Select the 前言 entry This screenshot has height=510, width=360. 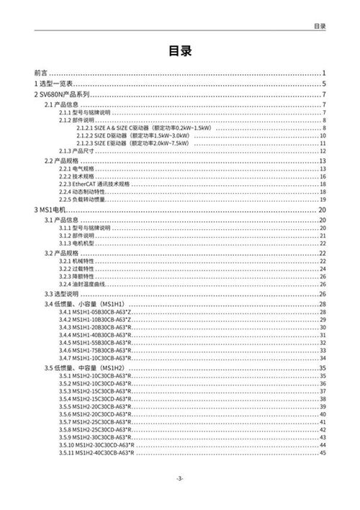coord(41,73)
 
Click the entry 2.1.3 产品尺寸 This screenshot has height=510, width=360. coord(76,150)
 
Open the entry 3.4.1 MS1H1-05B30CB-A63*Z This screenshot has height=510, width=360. coord(95,313)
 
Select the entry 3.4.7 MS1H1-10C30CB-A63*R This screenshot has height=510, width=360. coord(95,358)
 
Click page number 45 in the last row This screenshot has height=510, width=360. coord(323,452)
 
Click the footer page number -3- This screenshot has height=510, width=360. coord(180,479)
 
